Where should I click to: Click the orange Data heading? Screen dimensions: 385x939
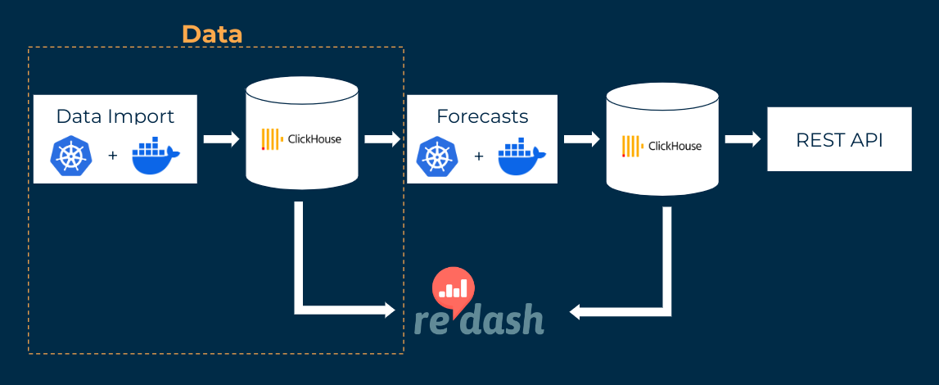(x=212, y=34)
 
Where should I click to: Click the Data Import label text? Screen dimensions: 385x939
(x=115, y=115)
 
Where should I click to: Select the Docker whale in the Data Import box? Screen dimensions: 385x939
(x=156, y=156)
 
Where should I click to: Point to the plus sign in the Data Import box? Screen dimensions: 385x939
(x=113, y=156)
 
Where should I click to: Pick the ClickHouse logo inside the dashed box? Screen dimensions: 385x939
(x=301, y=139)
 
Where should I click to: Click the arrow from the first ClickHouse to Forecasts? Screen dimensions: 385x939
(x=381, y=139)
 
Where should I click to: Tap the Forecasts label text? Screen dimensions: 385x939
(x=482, y=115)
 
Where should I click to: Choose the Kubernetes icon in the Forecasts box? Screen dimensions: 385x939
(x=436, y=156)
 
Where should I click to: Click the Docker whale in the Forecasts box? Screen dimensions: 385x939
(x=522, y=156)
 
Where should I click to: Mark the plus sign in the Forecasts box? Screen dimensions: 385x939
(x=479, y=156)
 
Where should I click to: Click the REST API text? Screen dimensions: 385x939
(x=839, y=140)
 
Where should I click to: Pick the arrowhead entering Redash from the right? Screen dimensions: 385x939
(x=576, y=311)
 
